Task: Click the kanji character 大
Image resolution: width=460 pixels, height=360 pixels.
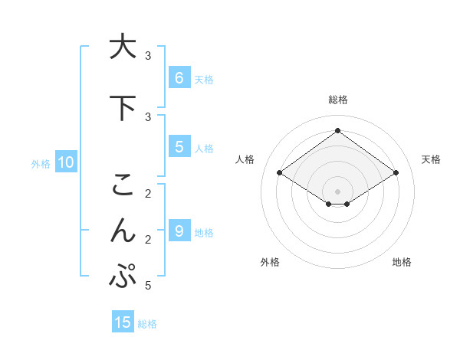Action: point(123,47)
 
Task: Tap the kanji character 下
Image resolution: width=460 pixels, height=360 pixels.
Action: point(123,107)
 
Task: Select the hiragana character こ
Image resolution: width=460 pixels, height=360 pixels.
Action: point(123,185)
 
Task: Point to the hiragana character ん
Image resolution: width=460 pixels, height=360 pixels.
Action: point(123,230)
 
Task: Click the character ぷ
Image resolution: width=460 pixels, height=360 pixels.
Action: point(123,276)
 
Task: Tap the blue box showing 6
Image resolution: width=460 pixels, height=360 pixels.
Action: point(179,78)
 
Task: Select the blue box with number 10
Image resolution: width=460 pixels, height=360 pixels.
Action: point(65,162)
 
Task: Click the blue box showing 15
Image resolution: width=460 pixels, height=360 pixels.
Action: point(123,322)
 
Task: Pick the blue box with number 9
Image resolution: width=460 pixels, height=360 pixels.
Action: point(179,231)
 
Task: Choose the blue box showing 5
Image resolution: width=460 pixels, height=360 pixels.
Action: point(179,147)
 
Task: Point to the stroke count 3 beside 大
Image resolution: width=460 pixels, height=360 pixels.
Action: point(148,56)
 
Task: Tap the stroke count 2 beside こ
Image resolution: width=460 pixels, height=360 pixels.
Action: point(148,193)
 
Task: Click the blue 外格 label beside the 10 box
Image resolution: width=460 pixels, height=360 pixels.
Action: point(41,163)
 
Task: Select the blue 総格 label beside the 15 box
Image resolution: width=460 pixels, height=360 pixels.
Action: point(147,324)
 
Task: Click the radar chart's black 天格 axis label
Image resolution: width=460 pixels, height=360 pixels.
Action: point(431,159)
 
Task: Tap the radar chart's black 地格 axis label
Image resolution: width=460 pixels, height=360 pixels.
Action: point(402,262)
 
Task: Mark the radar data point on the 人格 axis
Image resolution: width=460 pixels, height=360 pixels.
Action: point(279,173)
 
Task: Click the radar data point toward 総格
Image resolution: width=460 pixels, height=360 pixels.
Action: point(337,131)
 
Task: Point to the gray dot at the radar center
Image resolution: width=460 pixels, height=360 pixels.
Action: point(337,191)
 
